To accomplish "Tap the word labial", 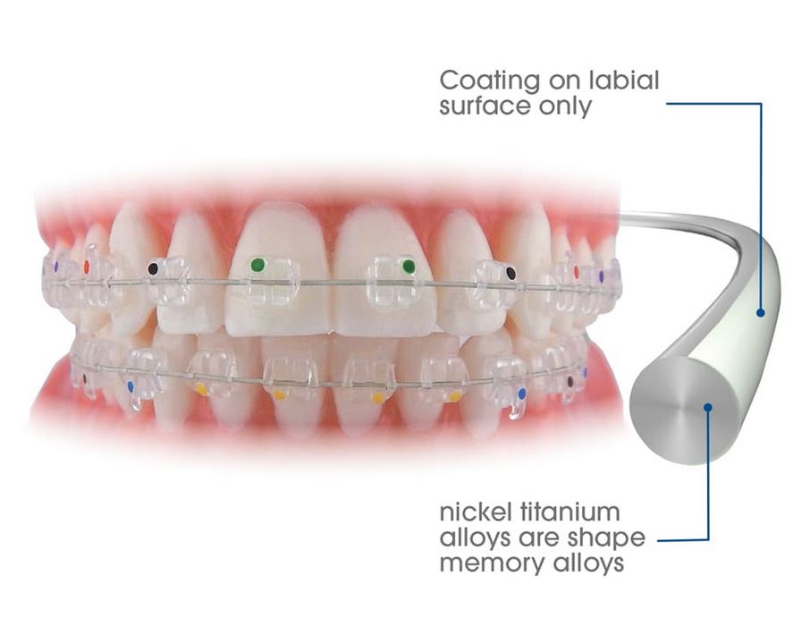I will coord(621,80).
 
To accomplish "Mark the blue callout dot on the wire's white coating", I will coord(761,312).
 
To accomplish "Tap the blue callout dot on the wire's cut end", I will coord(707,407).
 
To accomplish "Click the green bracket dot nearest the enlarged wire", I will coord(409,266).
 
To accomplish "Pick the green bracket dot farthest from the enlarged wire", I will coord(257,264).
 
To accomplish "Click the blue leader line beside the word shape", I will coord(683,540).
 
